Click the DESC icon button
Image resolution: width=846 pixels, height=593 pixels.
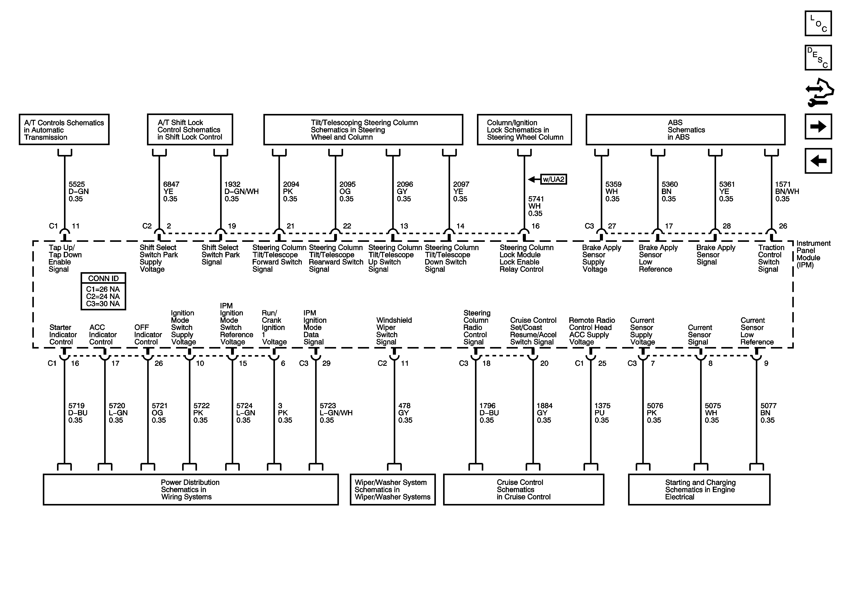point(818,57)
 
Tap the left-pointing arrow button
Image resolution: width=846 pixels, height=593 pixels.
point(818,161)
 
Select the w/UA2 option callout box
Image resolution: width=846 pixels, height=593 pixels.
point(553,179)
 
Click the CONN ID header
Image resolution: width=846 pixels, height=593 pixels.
point(103,278)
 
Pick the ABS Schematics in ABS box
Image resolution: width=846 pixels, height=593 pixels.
point(685,130)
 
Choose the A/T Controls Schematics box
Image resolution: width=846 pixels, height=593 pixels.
point(64,130)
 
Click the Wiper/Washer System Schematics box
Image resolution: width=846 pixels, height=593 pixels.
point(392,490)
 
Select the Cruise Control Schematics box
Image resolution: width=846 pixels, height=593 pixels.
point(523,490)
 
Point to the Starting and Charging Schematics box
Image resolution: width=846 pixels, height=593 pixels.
point(699,490)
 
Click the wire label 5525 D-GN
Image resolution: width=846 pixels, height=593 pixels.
point(78,192)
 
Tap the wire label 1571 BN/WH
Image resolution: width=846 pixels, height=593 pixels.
point(787,192)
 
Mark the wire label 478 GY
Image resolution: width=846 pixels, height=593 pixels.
point(405,413)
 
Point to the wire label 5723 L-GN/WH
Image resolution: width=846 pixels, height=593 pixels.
point(336,413)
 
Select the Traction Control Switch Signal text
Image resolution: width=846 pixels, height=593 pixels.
point(771,258)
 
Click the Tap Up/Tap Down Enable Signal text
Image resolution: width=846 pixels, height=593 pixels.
point(65,258)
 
